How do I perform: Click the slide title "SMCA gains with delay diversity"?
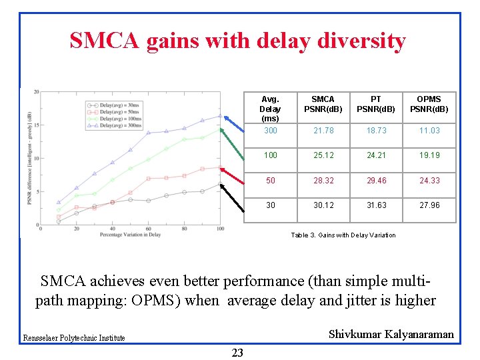[x=237, y=41]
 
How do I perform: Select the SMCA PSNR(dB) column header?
[x=323, y=104]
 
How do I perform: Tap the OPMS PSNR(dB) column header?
[x=429, y=104]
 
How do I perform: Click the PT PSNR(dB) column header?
[x=376, y=104]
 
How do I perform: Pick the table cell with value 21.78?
[x=323, y=131]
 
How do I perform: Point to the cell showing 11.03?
[x=429, y=131]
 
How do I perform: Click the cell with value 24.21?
[x=376, y=155]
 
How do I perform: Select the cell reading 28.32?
[x=323, y=181]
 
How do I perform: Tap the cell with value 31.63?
[x=376, y=205]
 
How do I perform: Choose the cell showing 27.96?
[x=429, y=205]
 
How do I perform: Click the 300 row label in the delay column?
[x=270, y=131]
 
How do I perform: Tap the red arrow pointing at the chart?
[x=233, y=174]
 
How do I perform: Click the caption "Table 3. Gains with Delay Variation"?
[x=343, y=235]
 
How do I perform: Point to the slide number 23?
[x=237, y=353]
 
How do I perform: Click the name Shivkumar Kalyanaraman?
[x=391, y=334]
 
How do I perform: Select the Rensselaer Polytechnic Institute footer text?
[x=74, y=338]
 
